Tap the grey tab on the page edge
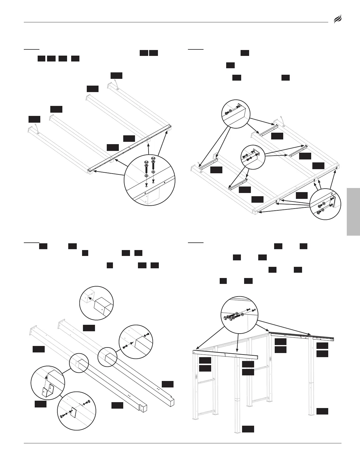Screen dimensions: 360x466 coord(353,212)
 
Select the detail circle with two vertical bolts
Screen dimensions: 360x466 coord(149,180)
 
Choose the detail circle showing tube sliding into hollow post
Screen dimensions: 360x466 coord(97,303)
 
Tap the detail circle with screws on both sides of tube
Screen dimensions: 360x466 coord(136,342)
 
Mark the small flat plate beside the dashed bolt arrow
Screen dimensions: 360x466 coord(74,413)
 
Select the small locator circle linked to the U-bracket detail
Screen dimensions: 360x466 coord(79,363)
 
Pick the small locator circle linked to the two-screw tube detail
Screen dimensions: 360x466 coord(107,357)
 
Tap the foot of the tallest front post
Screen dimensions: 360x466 coord(237,431)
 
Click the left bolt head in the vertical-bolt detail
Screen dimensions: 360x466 coord(146,162)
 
